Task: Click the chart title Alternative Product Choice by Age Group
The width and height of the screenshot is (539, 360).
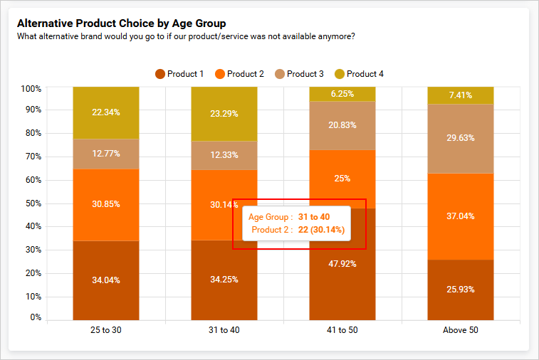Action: click(x=121, y=23)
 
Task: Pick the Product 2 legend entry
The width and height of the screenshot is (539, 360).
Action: click(x=239, y=74)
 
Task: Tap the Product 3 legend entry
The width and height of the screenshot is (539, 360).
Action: click(x=299, y=74)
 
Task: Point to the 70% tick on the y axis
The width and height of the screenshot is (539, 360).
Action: click(x=31, y=157)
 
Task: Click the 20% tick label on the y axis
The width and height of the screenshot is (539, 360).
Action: click(x=31, y=273)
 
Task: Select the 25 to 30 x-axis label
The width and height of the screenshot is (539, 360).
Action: click(x=105, y=330)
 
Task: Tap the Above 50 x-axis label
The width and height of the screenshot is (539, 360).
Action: click(x=460, y=330)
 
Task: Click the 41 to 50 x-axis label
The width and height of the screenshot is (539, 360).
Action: click(x=342, y=330)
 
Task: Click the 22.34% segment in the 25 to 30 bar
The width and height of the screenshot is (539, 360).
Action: click(x=106, y=112)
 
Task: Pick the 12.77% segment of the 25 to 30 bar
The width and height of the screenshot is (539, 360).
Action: click(x=106, y=154)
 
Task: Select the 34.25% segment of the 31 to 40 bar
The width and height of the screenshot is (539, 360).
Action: click(x=224, y=280)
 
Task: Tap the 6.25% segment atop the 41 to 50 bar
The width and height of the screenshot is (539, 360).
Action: click(x=342, y=94)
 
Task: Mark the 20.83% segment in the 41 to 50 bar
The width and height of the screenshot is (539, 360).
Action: click(x=342, y=125)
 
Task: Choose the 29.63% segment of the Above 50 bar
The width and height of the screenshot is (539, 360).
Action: click(x=460, y=139)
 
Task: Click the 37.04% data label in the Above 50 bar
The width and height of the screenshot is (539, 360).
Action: click(x=460, y=216)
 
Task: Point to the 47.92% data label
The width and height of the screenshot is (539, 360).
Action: click(x=342, y=264)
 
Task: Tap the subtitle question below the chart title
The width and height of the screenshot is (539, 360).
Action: click(x=186, y=36)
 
